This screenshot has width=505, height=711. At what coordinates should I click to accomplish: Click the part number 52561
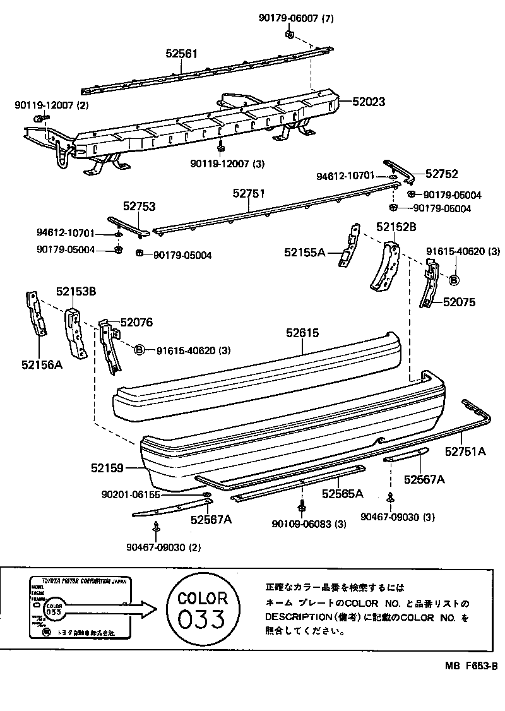tap(183, 55)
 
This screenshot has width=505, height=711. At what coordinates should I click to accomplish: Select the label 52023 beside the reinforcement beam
tap(369, 101)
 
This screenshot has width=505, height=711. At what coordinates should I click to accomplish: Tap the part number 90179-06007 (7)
tap(295, 18)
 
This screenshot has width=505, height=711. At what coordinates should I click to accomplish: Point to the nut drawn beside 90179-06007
tap(290, 34)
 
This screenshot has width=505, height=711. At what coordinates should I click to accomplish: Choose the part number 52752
tap(441, 174)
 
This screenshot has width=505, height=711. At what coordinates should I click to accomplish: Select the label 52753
tap(139, 206)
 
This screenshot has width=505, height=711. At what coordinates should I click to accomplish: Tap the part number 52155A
tap(304, 253)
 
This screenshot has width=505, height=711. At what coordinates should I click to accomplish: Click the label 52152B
tap(396, 226)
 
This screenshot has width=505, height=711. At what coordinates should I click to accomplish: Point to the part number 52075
tap(459, 302)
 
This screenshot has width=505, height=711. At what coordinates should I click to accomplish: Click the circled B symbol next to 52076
tap(140, 350)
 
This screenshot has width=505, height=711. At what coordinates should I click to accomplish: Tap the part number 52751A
tap(465, 451)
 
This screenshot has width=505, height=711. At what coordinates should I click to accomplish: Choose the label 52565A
tap(343, 493)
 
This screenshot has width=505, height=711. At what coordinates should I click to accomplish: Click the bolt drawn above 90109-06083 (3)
tap(302, 506)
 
